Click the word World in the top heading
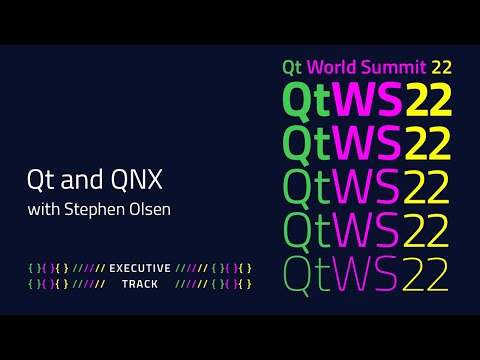pos(331,68)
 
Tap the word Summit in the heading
pos(394,68)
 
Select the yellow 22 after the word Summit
pos(442,68)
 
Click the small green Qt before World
pos(292,68)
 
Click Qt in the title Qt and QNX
pos(38,184)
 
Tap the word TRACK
pos(140,285)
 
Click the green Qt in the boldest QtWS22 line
pos(308,100)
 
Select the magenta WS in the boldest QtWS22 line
pos(368,100)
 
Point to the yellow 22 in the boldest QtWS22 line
pos(429,100)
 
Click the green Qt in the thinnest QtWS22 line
pos(307,272)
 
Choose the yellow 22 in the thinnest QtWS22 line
pos(427,272)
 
